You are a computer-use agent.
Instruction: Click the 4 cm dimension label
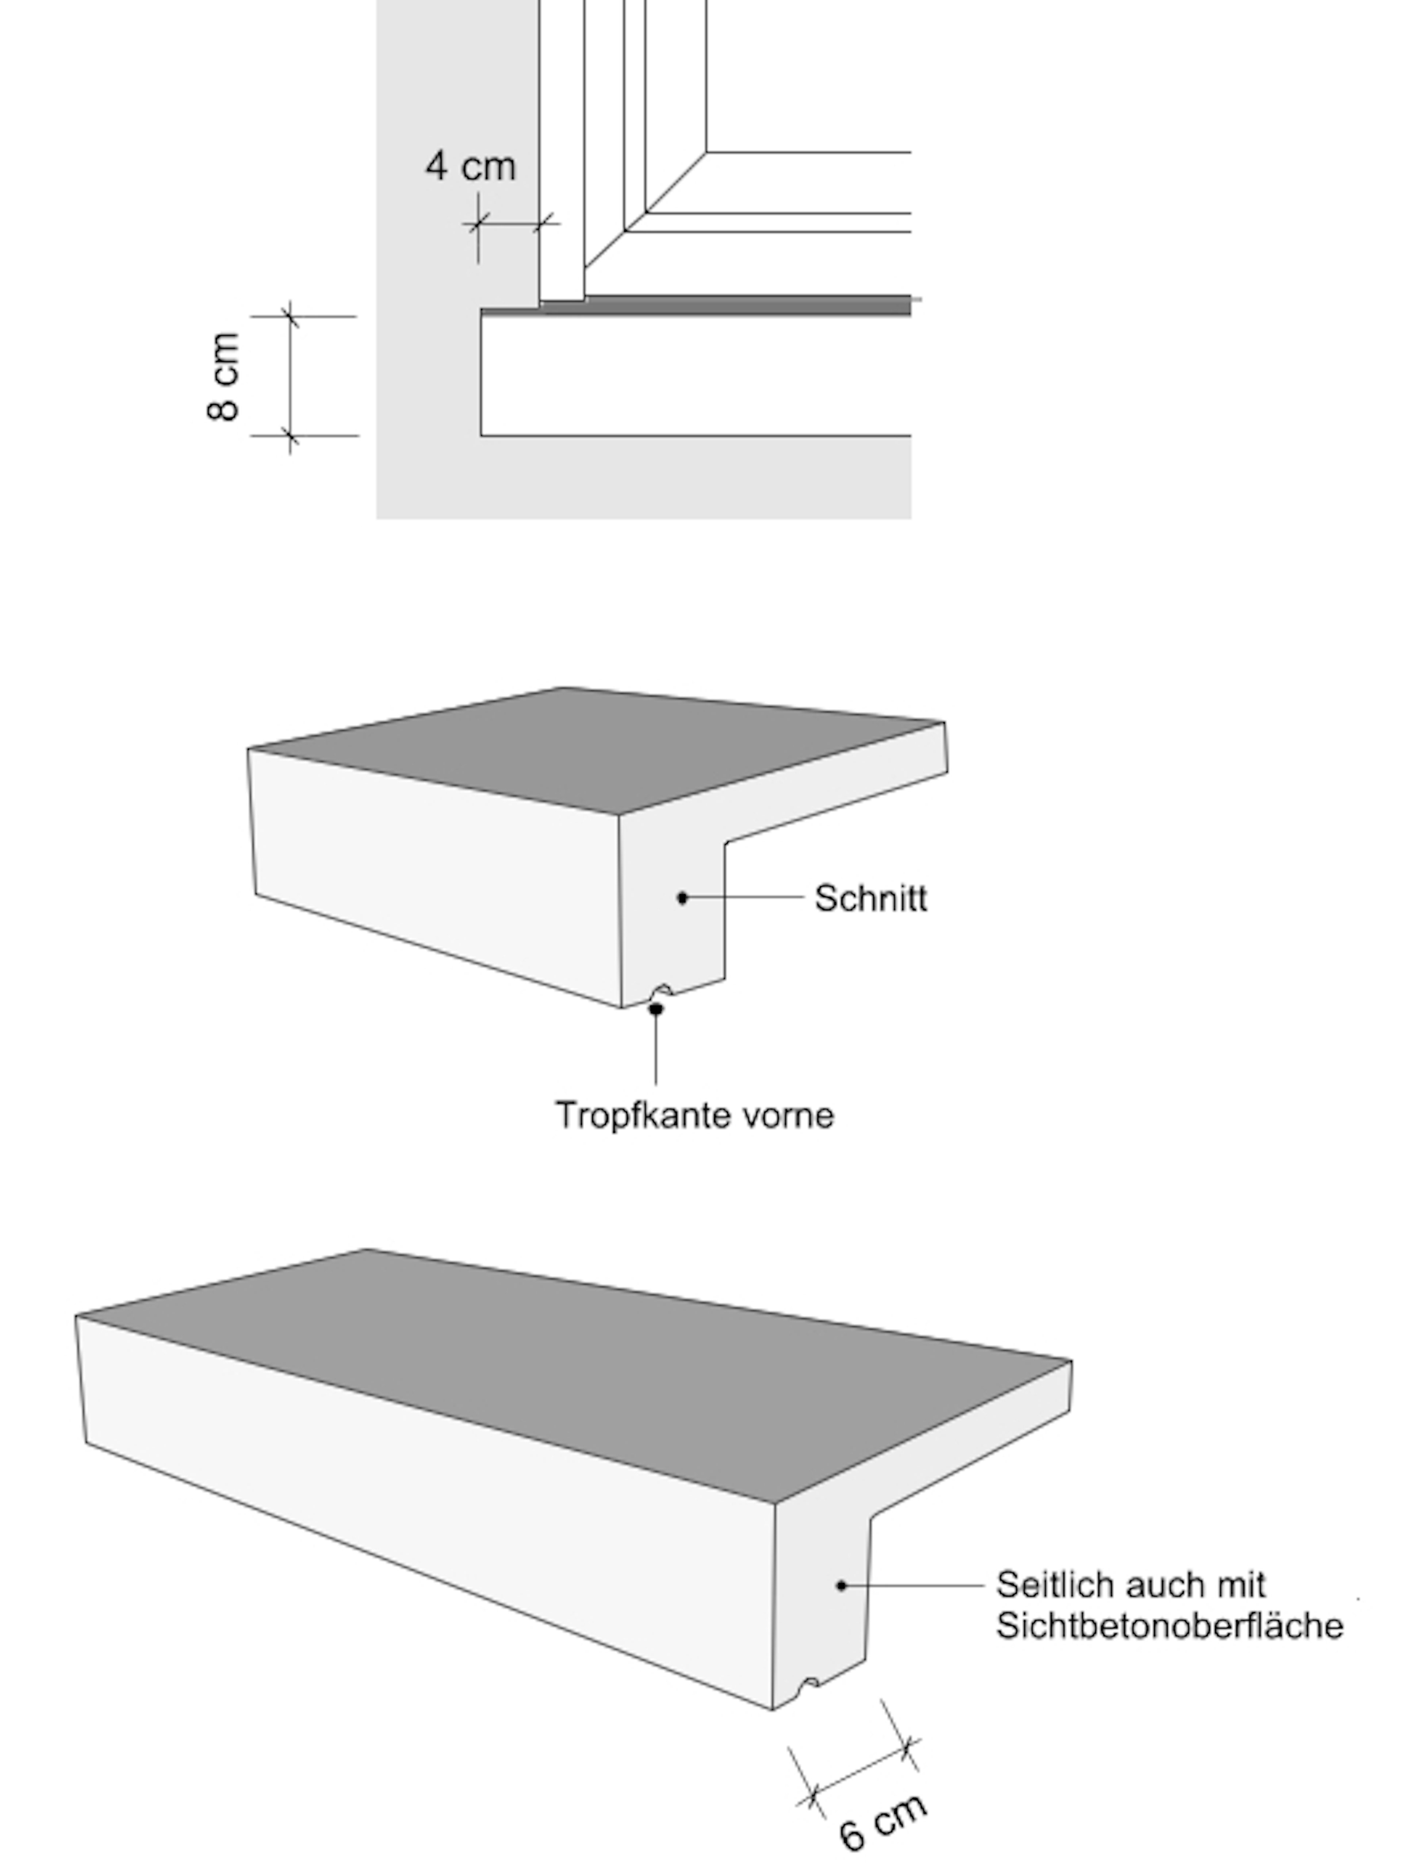470,165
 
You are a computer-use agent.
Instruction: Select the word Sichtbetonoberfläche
1170,1626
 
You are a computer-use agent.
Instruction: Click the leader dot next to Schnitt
682,898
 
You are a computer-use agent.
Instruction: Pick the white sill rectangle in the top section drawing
696,376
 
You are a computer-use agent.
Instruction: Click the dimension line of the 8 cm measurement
291,377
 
